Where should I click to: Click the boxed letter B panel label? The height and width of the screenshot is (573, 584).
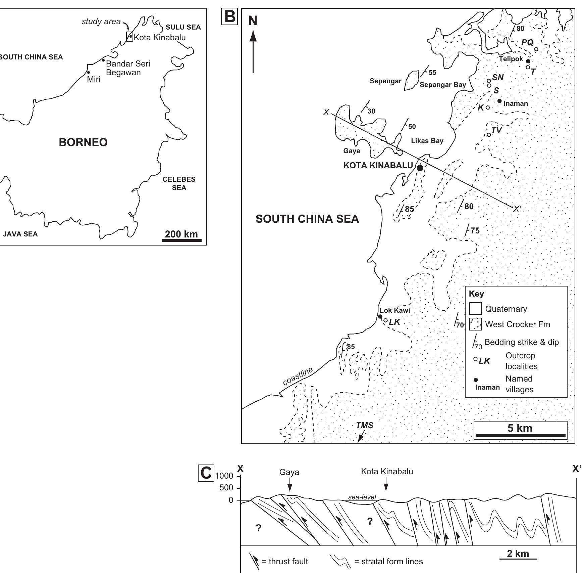[229, 16]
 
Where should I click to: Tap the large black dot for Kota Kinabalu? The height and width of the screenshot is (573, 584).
[420, 168]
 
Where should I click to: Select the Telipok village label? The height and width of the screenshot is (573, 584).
[511, 59]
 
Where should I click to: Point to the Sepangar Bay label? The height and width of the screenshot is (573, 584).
[443, 85]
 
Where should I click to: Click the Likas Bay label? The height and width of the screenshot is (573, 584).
[427, 141]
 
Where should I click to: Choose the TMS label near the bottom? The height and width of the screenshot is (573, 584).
[365, 426]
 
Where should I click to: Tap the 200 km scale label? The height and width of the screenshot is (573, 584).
[181, 234]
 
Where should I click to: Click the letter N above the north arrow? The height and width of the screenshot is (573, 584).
[253, 21]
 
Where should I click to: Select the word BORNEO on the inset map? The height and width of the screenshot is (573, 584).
[83, 142]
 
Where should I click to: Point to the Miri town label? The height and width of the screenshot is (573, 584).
[94, 79]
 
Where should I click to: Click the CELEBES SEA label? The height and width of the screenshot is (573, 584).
[179, 183]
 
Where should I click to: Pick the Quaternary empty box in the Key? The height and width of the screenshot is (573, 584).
[475, 309]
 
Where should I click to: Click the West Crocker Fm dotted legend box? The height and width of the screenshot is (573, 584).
[475, 324]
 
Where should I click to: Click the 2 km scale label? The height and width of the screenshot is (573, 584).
[518, 554]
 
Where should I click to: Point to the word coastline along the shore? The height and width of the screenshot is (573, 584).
[298, 376]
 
